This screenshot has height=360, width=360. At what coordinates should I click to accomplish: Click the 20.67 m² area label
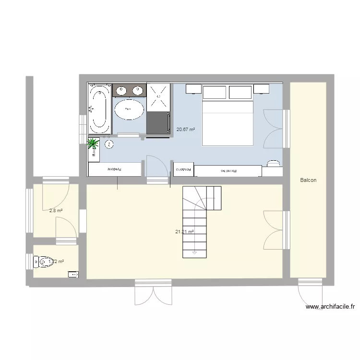pos(185,129)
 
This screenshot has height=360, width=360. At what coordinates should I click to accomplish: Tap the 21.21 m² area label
pos(184,232)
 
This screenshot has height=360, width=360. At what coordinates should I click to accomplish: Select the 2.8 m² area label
pos(56,210)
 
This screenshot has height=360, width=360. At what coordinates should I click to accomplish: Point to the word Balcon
pos(308,180)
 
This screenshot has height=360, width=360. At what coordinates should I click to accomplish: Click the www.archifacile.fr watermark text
pos(329,307)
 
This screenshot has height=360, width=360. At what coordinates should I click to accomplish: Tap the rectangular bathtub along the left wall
pos(99,109)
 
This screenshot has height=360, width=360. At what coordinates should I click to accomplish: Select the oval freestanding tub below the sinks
pos(128,109)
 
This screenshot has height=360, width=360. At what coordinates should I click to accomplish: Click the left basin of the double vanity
pos(120,89)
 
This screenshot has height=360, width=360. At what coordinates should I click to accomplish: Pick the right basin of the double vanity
pos(138,89)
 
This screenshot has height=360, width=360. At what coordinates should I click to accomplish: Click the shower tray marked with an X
pos(158,97)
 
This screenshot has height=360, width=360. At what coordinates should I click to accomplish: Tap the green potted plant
pos(93,143)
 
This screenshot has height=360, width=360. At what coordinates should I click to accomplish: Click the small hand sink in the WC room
pos(73,275)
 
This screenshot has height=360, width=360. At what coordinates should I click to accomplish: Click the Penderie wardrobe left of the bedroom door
pos(115,169)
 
